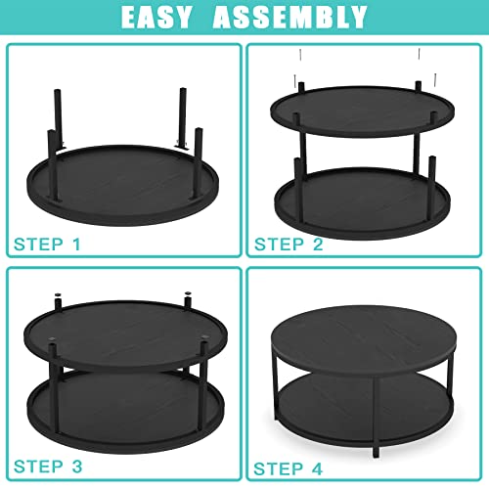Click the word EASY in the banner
pyautogui.click(x=156, y=17)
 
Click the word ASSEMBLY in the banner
pyautogui.click(x=290, y=17)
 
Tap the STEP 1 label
pyautogui.click(x=47, y=244)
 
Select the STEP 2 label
pyautogui.click(x=289, y=244)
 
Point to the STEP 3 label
pyautogui.click(x=48, y=467)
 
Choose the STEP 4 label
pyautogui.click(x=289, y=468)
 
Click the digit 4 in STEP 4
pyautogui.click(x=317, y=468)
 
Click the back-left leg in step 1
pyautogui.click(x=59, y=118)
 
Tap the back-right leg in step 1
pyautogui.click(x=182, y=116)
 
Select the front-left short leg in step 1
pyautogui.click(x=53, y=164)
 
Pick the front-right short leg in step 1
pyautogui.click(x=198, y=162)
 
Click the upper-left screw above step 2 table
pyautogui.click(x=301, y=55)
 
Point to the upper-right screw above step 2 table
pyautogui.click(x=420, y=54)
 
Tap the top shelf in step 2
pyautogui.click(x=363, y=111)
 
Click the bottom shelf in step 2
pyautogui.click(x=363, y=203)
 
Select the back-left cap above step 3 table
pyautogui.click(x=58, y=294)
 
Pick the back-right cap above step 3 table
pyautogui.click(x=188, y=293)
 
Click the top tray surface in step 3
pyautogui.click(x=125, y=335)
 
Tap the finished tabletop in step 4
pyautogui.click(x=364, y=339)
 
